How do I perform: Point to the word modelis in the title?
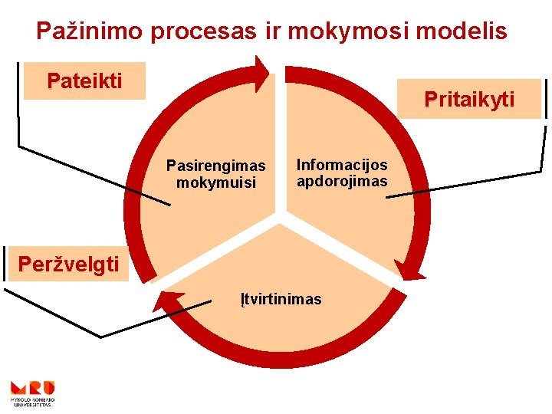[x=462, y=31]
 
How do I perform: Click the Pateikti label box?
[x=84, y=80]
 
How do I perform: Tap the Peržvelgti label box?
[x=69, y=264]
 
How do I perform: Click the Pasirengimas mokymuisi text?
[x=216, y=174]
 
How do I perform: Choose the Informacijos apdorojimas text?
[x=342, y=173]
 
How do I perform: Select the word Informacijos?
[x=342, y=165]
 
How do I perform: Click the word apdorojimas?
[x=342, y=182]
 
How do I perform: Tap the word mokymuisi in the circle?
[x=216, y=183]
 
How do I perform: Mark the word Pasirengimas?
[x=216, y=166]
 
